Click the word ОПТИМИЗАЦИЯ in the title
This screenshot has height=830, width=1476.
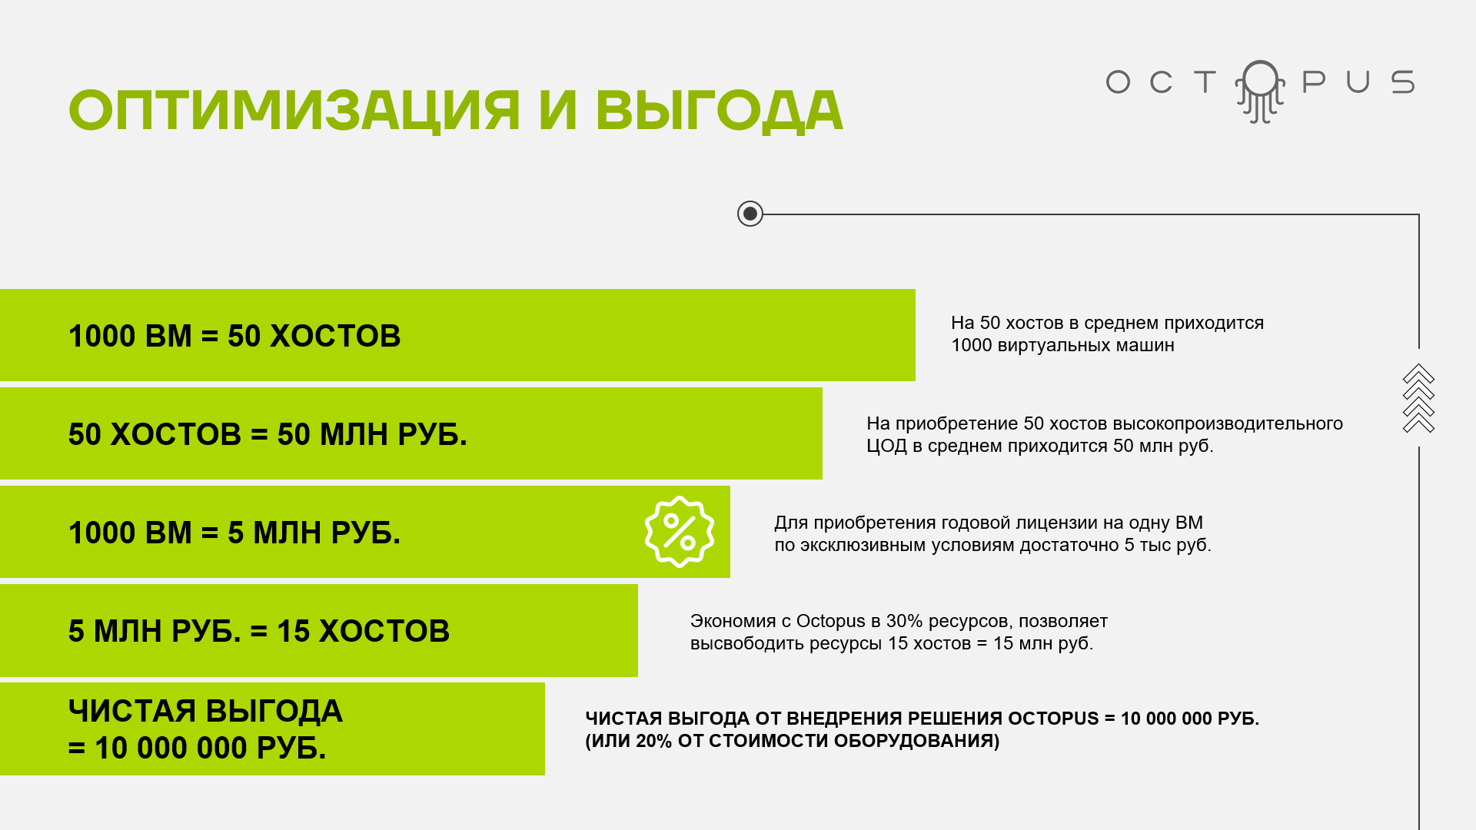(x=294, y=110)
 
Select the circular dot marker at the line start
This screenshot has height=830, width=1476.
(x=750, y=214)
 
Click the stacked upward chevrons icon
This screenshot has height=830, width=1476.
(x=1418, y=398)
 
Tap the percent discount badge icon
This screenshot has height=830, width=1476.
(x=680, y=532)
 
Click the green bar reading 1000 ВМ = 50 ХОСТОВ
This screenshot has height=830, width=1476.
(x=457, y=335)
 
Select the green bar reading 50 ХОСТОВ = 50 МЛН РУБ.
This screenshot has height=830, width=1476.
(x=411, y=433)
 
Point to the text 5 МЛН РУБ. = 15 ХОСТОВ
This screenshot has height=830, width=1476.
(x=259, y=631)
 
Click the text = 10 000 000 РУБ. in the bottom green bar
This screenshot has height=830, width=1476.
(x=198, y=748)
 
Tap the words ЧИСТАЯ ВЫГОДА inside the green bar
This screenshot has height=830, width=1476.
(x=205, y=711)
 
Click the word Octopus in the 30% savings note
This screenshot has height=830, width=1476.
(x=830, y=621)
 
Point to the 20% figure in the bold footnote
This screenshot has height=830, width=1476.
(x=653, y=741)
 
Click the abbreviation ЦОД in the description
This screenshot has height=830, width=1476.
(x=886, y=447)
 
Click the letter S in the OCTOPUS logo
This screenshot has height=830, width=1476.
(x=1403, y=82)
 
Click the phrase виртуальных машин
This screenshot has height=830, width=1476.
(x=1085, y=346)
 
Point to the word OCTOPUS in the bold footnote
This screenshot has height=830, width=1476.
(x=1053, y=719)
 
